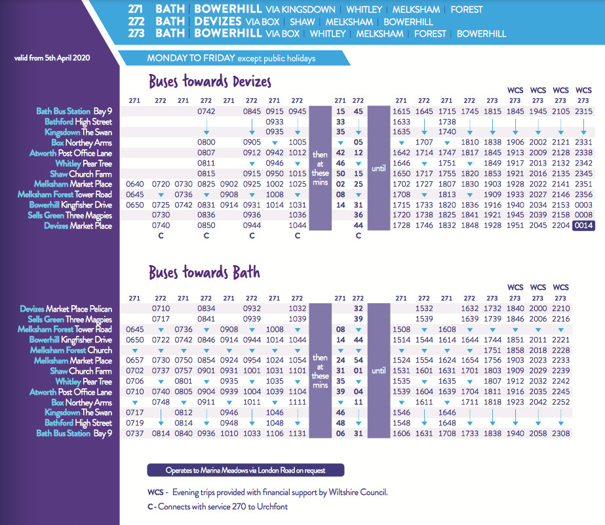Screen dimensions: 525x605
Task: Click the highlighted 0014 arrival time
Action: (x=583, y=226)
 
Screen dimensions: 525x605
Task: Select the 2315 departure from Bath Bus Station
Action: (x=583, y=111)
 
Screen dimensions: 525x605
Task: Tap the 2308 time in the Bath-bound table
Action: (x=560, y=433)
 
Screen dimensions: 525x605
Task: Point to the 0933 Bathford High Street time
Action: (x=275, y=122)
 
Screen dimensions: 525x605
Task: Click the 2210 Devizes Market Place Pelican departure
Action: (x=560, y=308)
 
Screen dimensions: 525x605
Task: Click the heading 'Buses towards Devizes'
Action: (x=210, y=82)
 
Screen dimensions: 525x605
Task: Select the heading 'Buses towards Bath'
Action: (x=204, y=272)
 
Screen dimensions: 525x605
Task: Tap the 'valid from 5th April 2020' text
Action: (x=52, y=58)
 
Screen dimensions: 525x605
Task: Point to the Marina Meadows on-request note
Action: (x=245, y=470)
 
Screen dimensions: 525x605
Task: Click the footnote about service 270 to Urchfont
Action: (x=218, y=506)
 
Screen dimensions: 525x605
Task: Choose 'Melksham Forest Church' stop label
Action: (x=71, y=350)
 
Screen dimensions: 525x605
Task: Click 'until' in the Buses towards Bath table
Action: (x=379, y=371)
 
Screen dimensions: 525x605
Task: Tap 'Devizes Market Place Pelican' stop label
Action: (x=66, y=308)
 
